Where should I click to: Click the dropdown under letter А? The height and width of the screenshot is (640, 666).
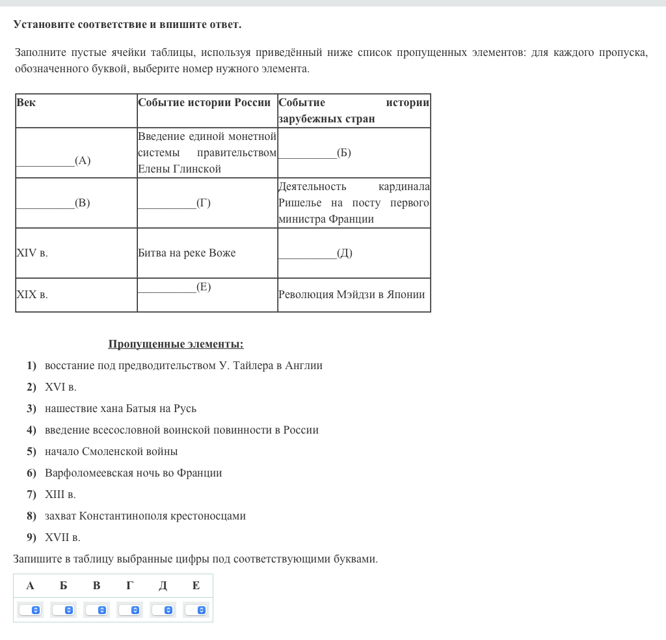click(30, 610)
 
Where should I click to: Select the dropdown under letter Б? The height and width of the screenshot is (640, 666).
click(63, 610)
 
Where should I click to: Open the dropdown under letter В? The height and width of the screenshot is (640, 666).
click(96, 610)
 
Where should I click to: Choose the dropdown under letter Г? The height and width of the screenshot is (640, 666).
click(129, 610)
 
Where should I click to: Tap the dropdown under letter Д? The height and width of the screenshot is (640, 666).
click(163, 610)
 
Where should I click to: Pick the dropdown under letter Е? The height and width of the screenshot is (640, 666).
click(196, 610)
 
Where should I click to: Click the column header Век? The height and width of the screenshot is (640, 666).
click(26, 103)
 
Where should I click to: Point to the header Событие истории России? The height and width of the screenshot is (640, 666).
click(204, 103)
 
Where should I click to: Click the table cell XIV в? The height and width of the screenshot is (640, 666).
click(32, 253)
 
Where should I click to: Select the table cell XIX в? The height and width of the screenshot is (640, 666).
click(32, 295)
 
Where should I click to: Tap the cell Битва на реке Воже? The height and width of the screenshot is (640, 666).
click(187, 253)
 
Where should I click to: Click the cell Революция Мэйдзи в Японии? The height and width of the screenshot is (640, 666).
click(351, 295)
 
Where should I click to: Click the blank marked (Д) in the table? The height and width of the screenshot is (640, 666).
click(315, 253)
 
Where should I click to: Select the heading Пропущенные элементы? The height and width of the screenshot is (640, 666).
click(176, 344)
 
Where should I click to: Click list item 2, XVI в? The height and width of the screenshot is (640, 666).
click(60, 387)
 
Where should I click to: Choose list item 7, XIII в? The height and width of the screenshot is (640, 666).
click(60, 495)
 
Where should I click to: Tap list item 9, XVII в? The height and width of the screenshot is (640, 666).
click(62, 538)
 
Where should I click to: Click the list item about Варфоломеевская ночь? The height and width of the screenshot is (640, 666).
click(133, 473)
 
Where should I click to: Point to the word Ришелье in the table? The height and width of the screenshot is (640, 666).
click(300, 203)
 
